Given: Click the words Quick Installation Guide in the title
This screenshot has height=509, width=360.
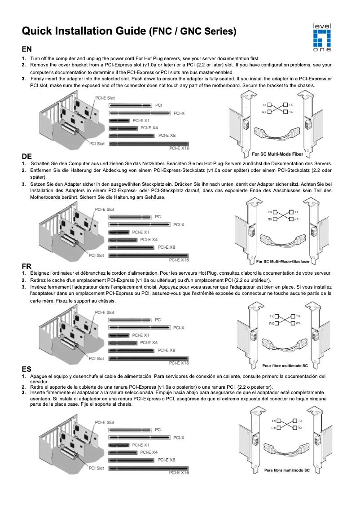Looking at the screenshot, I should pyautogui.click(x=84, y=31).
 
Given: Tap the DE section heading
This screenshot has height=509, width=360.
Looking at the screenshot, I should pyautogui.click(x=27, y=156).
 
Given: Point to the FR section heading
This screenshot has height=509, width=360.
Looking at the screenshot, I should pyautogui.click(x=26, y=267).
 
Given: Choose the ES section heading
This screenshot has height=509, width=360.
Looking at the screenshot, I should pyautogui.click(x=26, y=369).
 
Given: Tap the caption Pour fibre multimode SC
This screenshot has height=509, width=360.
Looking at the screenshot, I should pyautogui.click(x=285, y=366).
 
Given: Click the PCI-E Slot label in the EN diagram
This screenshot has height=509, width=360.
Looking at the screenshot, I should pyautogui.click(x=104, y=98).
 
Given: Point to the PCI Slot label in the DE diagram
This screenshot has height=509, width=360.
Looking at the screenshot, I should pyautogui.click(x=97, y=255).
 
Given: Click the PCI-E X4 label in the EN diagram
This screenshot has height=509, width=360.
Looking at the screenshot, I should pyautogui.click(x=149, y=128).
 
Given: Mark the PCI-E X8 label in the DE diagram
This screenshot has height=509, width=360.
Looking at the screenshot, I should pyautogui.click(x=167, y=247).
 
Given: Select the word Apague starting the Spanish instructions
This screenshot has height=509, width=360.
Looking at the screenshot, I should pyautogui.click(x=39, y=376).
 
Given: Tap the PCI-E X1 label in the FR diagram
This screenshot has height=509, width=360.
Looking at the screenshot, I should pyautogui.click(x=141, y=335).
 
